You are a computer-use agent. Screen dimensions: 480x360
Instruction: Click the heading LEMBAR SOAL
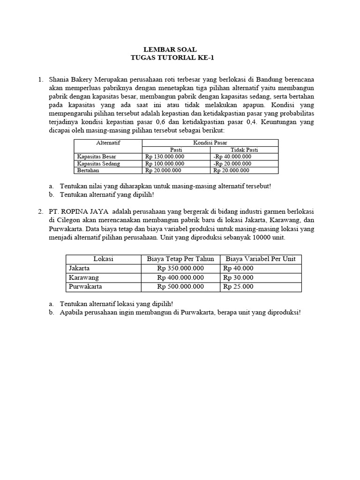click(170, 49)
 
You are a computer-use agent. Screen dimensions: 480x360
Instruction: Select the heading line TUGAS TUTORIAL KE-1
click(170, 58)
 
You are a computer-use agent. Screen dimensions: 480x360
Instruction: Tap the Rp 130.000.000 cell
click(165, 157)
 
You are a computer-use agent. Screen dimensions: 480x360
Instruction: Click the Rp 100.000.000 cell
click(165, 164)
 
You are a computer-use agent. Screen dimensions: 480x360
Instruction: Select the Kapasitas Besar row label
click(97, 157)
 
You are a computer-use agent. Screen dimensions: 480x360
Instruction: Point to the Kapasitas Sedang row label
click(98, 164)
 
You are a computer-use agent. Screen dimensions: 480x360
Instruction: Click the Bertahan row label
click(88, 171)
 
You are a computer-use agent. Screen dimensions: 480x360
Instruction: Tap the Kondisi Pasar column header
click(210, 142)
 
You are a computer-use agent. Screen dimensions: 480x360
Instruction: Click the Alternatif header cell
click(108, 142)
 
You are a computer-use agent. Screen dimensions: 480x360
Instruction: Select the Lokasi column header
click(103, 259)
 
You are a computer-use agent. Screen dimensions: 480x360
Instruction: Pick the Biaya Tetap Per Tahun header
click(180, 259)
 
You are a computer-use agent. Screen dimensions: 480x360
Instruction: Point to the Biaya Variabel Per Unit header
click(261, 259)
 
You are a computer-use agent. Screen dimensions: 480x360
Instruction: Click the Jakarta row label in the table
click(79, 268)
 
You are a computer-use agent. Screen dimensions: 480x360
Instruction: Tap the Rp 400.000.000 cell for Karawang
click(180, 277)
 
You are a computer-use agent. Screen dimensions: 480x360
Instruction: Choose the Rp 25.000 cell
click(238, 287)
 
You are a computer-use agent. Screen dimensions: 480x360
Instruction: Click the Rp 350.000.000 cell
click(180, 268)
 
